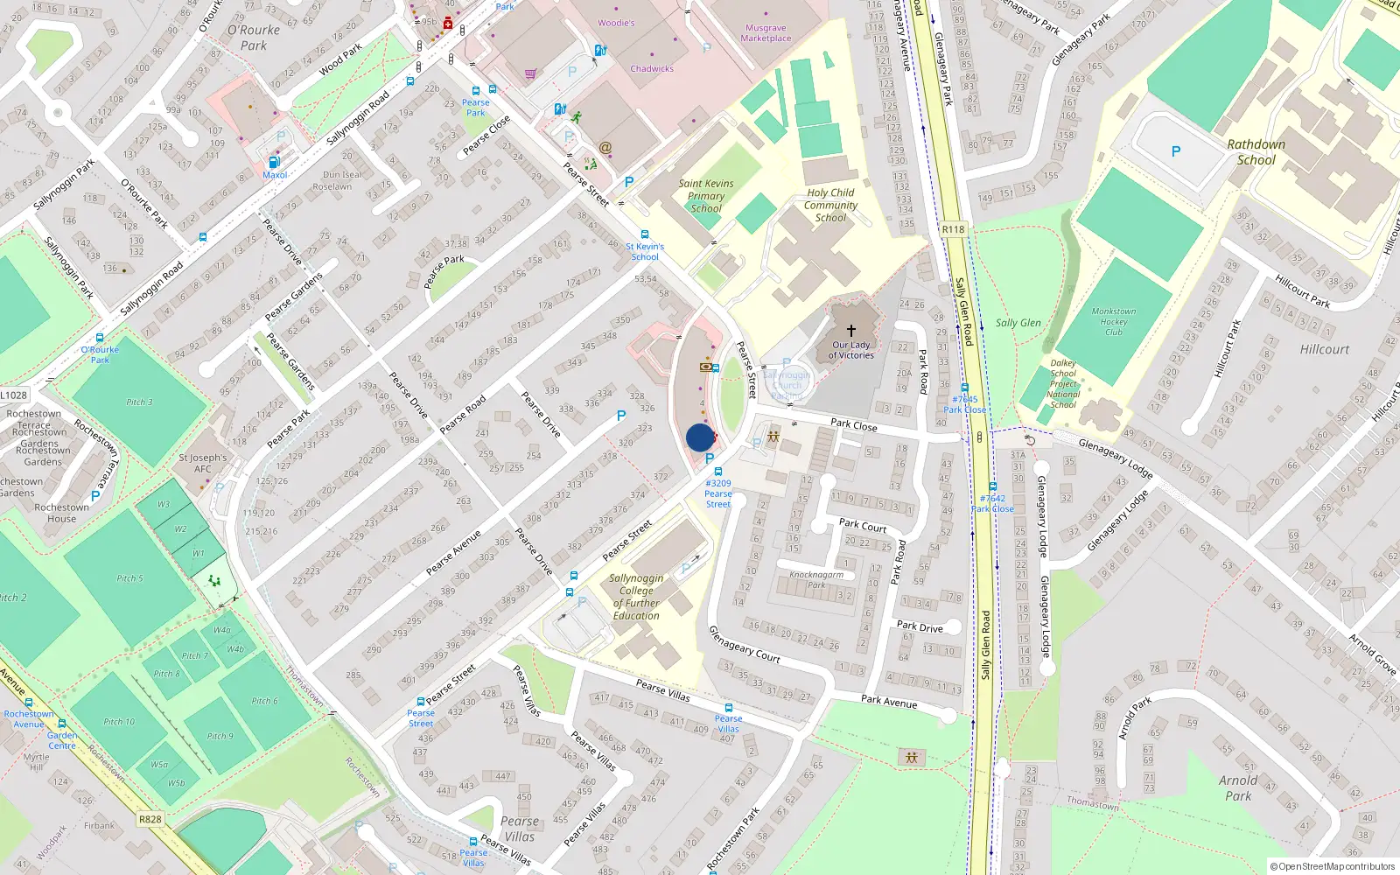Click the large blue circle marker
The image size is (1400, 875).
coord(700,437)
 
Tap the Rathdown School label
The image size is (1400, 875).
coord(1256,152)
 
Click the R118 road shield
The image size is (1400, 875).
coord(953,229)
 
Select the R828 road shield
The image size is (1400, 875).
coord(150,819)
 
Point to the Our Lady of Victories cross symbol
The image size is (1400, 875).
coord(850,331)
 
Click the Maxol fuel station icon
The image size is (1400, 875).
coord(274,163)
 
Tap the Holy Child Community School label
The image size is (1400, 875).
coord(830,205)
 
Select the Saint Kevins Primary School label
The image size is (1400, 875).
coord(706,196)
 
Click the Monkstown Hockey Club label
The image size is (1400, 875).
coord(1113,321)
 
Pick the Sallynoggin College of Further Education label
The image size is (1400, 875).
coord(636,597)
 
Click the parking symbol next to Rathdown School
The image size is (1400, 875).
coord(1176,151)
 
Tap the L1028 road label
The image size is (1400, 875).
coord(13,395)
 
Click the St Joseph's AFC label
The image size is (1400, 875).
coord(202,463)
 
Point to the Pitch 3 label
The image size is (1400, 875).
coord(140,402)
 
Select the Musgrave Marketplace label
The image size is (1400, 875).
coord(766,33)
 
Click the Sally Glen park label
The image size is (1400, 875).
coord(1018,323)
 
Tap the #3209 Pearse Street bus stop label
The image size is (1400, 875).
coord(718,493)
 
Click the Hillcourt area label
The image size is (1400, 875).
coord(1324,349)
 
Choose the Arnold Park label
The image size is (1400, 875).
coord(1238,787)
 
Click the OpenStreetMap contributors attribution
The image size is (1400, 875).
coord(1333,866)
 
